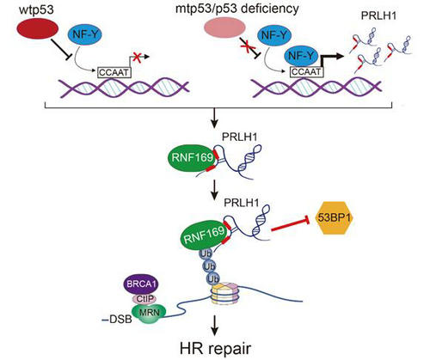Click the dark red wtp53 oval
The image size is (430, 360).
[x=38, y=28]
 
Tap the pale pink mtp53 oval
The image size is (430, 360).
[x=224, y=28]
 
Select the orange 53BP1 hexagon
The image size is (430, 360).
[x=335, y=218]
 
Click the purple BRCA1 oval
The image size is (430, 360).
[x=141, y=284]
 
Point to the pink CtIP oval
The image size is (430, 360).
[x=144, y=299]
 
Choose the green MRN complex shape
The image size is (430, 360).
[x=149, y=313]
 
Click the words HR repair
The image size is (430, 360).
[x=216, y=349]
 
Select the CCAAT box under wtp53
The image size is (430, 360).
[x=114, y=72]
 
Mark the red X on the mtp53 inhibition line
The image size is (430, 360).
[x=247, y=46]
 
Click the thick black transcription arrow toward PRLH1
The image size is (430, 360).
[x=329, y=58]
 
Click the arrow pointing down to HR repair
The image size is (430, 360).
[x=214, y=325]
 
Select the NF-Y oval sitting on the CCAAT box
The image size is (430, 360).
[x=301, y=56]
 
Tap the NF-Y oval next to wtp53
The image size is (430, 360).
[x=85, y=34]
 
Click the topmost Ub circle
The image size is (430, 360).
[x=206, y=253]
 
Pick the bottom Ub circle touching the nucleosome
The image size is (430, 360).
[x=213, y=278]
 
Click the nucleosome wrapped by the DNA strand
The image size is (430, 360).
[x=224, y=293]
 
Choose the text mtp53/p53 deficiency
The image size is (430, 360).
[x=236, y=9]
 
